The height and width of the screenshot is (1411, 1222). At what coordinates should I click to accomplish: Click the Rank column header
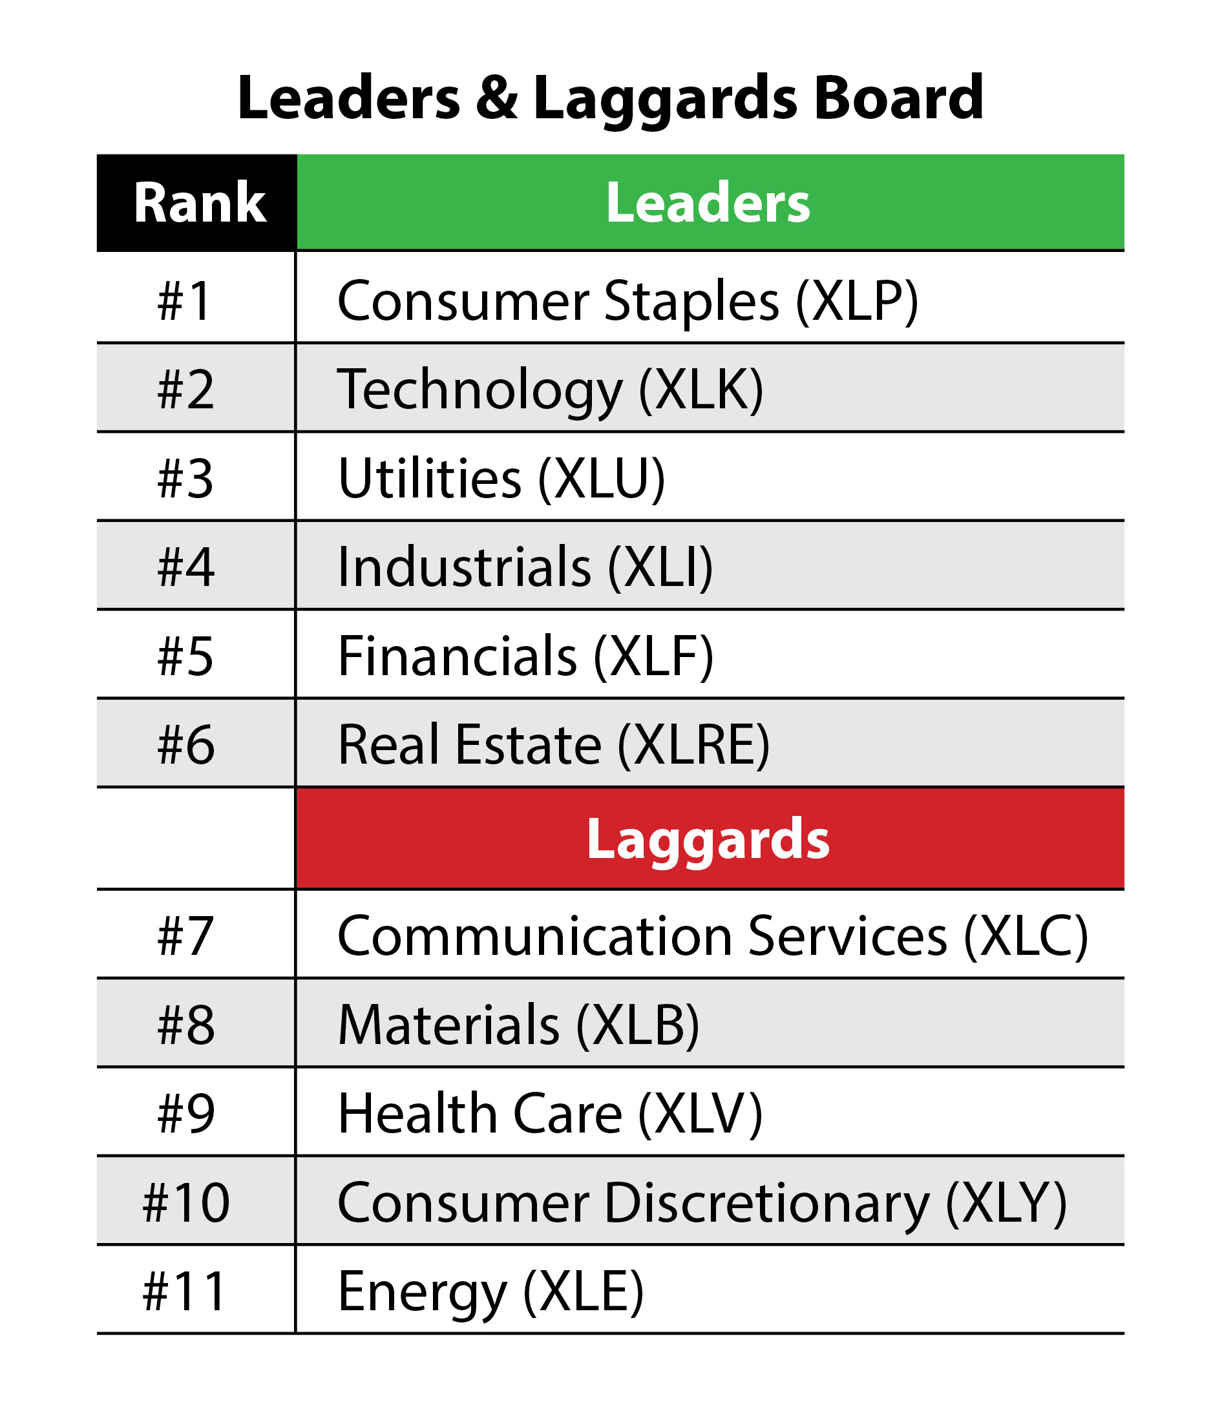(x=198, y=203)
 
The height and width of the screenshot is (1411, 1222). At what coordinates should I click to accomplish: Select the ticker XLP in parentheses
(x=857, y=300)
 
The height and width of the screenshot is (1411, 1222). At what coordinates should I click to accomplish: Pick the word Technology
(x=479, y=390)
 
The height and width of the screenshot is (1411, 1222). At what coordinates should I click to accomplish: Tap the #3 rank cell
(x=185, y=479)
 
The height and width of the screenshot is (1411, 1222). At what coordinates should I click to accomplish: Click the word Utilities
(x=430, y=479)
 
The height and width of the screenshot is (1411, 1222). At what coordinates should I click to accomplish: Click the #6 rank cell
(x=185, y=745)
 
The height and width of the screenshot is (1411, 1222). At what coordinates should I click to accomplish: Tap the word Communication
(x=534, y=936)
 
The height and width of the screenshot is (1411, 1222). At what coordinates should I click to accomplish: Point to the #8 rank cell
(x=185, y=1025)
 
